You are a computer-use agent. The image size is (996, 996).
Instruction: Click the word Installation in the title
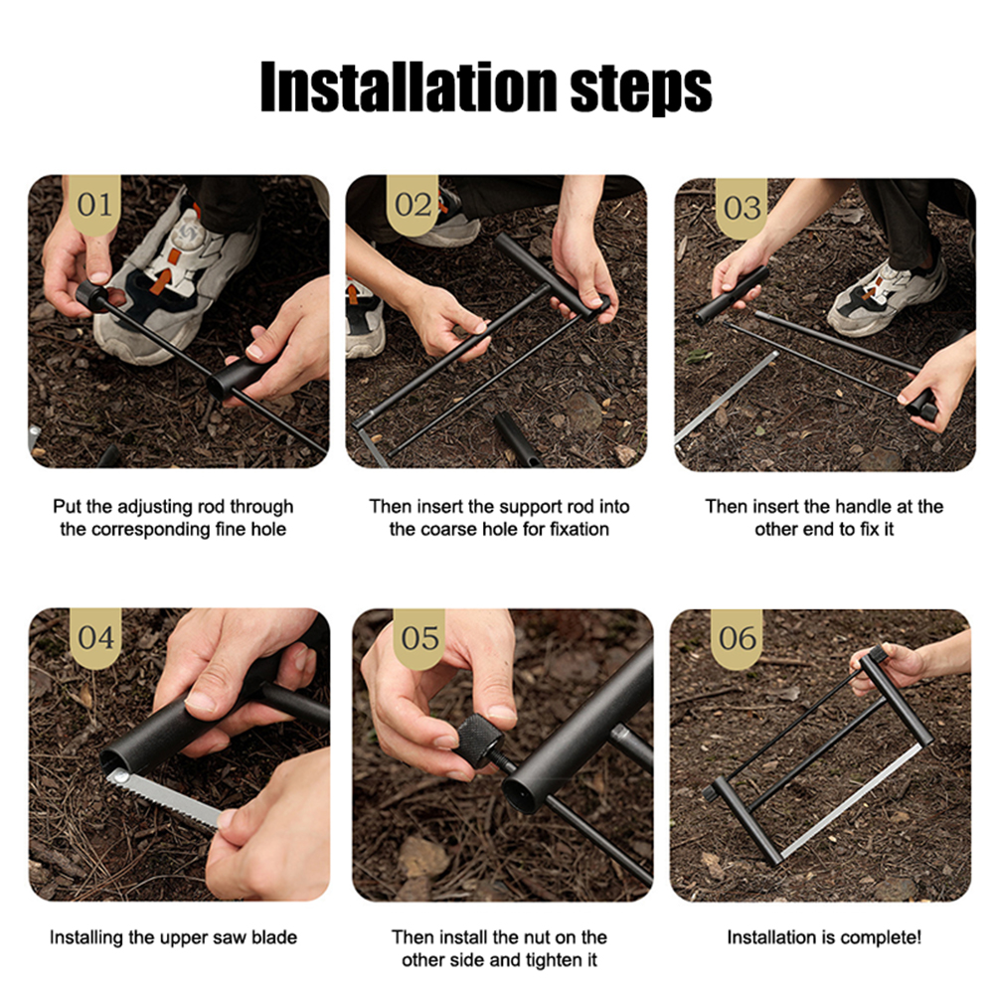click(409, 86)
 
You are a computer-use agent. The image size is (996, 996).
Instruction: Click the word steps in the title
click(641, 90)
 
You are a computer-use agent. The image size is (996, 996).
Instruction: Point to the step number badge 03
click(742, 208)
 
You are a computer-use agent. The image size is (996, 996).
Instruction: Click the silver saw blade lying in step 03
click(726, 398)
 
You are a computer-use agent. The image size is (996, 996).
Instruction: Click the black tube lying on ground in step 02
click(516, 438)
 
